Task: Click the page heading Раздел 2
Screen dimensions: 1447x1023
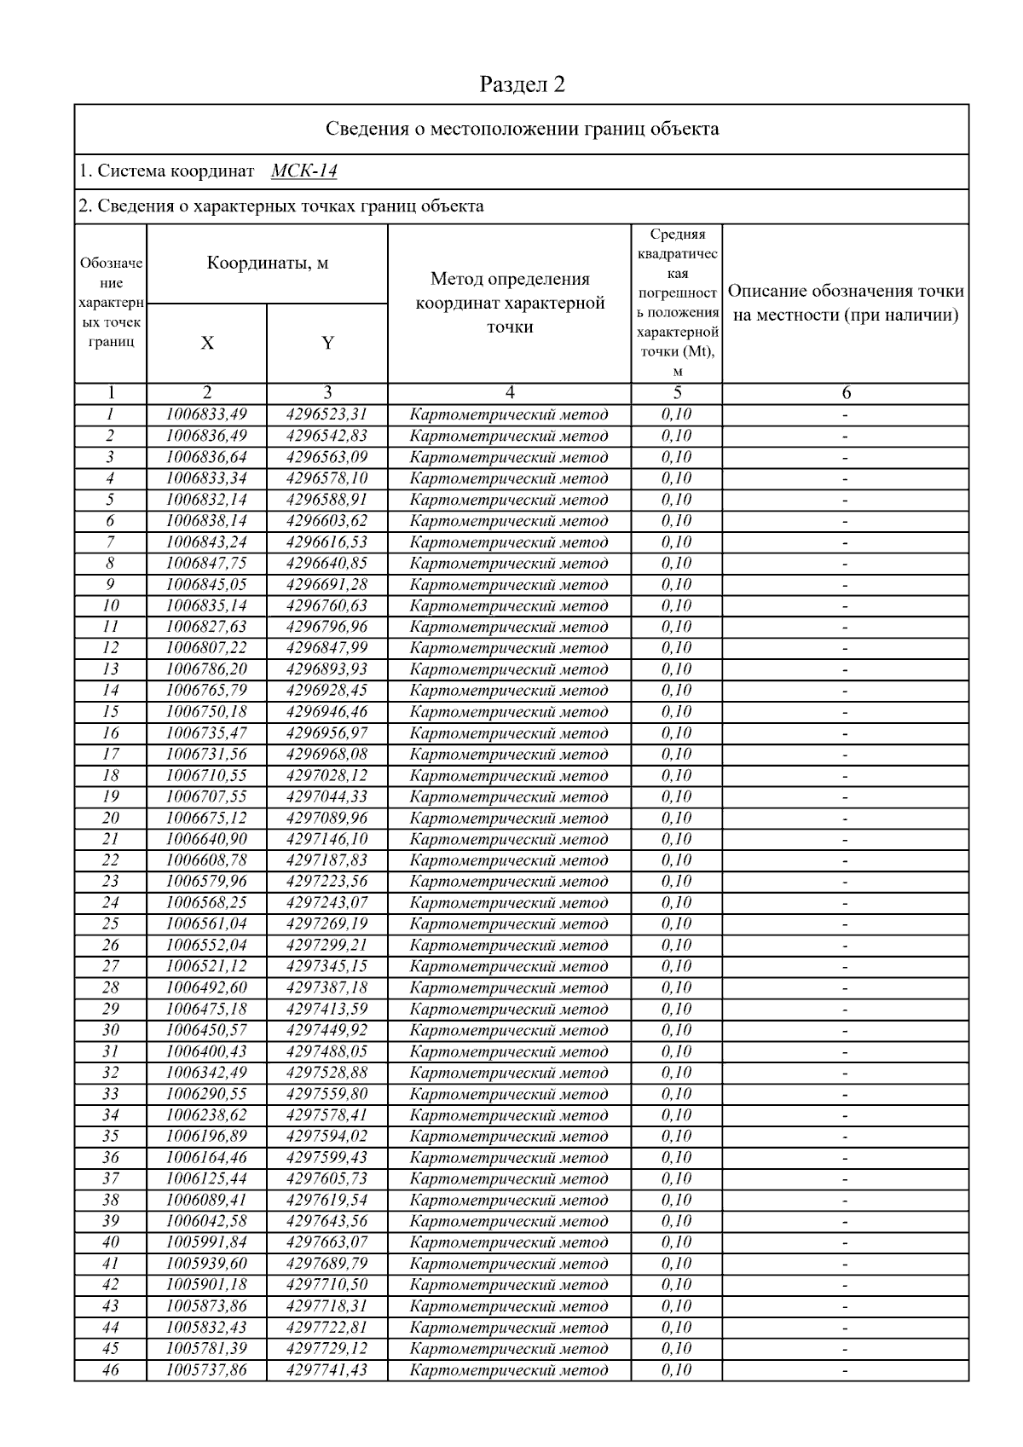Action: click(522, 84)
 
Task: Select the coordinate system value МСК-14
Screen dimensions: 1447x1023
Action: click(303, 171)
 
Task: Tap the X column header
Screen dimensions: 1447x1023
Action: click(207, 343)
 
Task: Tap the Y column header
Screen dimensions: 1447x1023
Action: click(327, 343)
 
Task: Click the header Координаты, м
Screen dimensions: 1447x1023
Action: click(268, 263)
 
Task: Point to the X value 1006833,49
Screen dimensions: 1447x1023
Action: click(206, 414)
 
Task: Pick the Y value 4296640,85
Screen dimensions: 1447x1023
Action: click(327, 563)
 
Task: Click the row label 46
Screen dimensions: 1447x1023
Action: click(110, 1369)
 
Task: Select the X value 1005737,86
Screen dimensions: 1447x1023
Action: click(206, 1369)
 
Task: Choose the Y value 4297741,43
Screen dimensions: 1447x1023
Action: click(327, 1369)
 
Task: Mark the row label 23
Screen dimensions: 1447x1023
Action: click(110, 881)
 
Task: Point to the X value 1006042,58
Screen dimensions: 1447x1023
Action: click(206, 1221)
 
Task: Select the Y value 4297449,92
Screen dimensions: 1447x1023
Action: click(327, 1030)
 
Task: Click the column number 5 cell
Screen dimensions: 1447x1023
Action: click(677, 393)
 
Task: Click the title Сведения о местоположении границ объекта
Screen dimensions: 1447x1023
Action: click(522, 129)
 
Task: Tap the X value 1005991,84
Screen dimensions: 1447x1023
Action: click(206, 1242)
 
